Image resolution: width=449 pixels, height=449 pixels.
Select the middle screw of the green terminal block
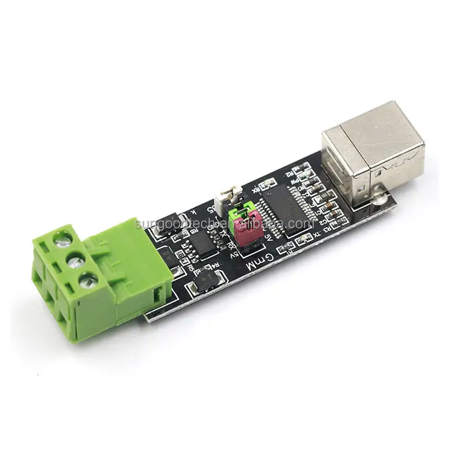[73, 259]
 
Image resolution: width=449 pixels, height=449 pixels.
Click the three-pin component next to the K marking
[169, 222]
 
